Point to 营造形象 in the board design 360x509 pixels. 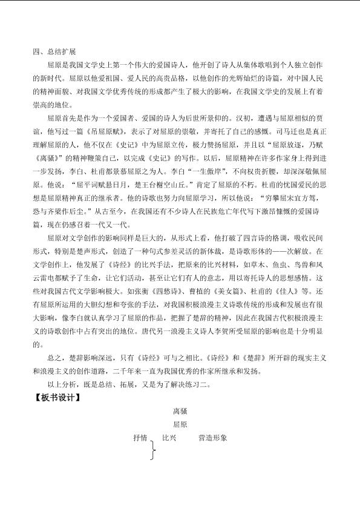point(212,437)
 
